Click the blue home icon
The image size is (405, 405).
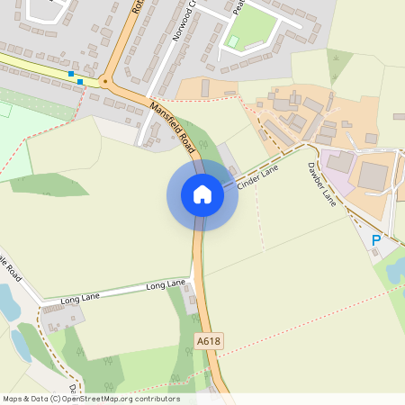click(x=202, y=194)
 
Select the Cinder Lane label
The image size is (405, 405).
click(x=257, y=175)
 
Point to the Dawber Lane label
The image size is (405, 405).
click(x=321, y=184)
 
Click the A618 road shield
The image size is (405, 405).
click(x=208, y=341)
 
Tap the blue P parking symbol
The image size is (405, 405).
click(x=376, y=240)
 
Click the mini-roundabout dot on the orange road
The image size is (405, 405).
click(x=104, y=82)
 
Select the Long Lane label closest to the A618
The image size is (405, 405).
click(x=166, y=285)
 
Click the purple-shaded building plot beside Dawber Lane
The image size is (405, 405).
click(x=339, y=162)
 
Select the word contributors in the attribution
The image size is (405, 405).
click(x=156, y=399)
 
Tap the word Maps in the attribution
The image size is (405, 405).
click(x=13, y=399)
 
